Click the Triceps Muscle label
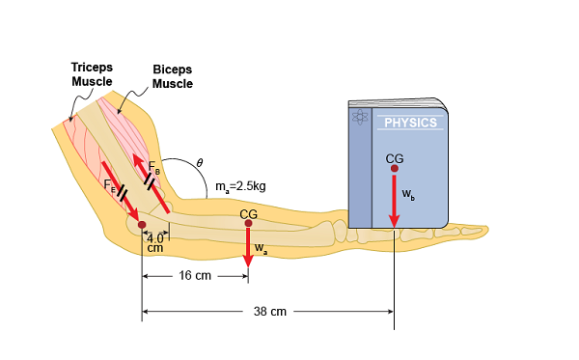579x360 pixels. tap(92, 74)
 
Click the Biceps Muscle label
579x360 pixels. tap(174, 76)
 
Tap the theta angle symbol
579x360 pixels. tap(199, 162)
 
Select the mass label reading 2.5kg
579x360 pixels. tap(240, 185)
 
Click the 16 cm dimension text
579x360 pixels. tap(195, 276)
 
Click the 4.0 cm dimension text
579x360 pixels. tap(155, 242)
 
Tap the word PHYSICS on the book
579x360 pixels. tap(411, 123)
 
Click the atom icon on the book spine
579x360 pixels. tap(361, 117)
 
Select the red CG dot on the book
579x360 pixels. tap(394, 169)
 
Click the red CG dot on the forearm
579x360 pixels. tap(248, 223)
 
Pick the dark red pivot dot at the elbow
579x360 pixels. tap(142, 225)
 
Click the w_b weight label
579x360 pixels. tap(408, 196)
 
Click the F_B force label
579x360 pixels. tap(153, 166)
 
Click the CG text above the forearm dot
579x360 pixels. tap(248, 213)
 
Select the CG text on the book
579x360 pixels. tap(394, 158)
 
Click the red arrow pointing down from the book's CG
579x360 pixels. tap(394, 203)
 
